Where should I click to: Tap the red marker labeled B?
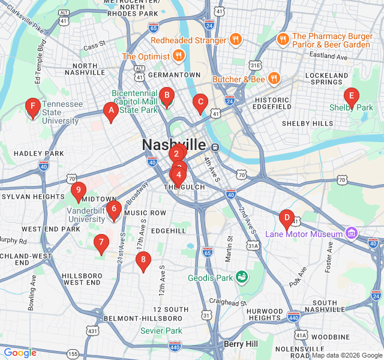pyautogui.click(x=167, y=95)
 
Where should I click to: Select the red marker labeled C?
pyautogui.click(x=200, y=102)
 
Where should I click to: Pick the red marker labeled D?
pyautogui.click(x=286, y=218)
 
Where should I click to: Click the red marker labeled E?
pyautogui.click(x=351, y=96)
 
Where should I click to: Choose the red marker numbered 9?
pyautogui.click(x=78, y=190)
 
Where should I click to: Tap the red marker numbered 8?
pyautogui.click(x=142, y=260)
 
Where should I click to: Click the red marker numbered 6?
pyautogui.click(x=113, y=209)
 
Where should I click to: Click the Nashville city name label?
pyautogui.click(x=173, y=145)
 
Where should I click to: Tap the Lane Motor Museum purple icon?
pyautogui.click(x=352, y=233)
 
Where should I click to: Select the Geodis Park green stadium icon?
pyautogui.click(x=242, y=277)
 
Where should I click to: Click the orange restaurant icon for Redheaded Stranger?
pyautogui.click(x=236, y=40)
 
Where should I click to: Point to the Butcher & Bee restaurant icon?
pyautogui.click(x=274, y=79)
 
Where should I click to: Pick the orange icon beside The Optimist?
pyautogui.click(x=178, y=56)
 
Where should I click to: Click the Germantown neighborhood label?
pyautogui.click(x=174, y=74)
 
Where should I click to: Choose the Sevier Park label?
pyautogui.click(x=161, y=331)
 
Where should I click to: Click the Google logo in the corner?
pyautogui.click(x=20, y=353)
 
